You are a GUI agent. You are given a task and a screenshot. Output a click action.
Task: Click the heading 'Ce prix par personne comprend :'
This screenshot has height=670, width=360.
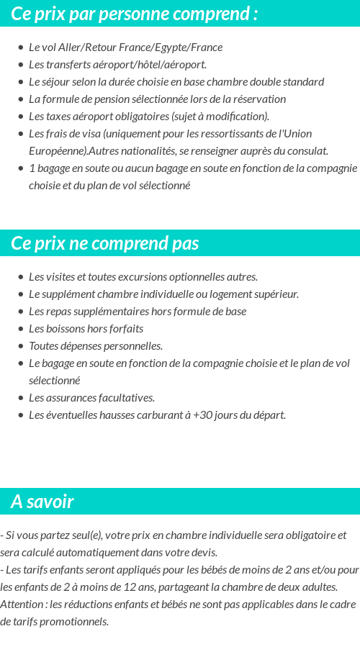134,14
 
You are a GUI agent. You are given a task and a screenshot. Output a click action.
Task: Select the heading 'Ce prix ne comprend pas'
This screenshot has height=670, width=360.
104,243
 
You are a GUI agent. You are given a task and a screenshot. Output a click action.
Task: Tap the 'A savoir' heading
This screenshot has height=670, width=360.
42,502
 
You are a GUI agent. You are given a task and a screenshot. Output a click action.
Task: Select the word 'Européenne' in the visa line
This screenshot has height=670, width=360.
57,151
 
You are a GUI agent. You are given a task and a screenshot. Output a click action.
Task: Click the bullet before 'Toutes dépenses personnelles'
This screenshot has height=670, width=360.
21,346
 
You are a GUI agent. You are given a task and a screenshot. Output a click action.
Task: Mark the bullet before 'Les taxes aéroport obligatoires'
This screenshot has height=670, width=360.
21,117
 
